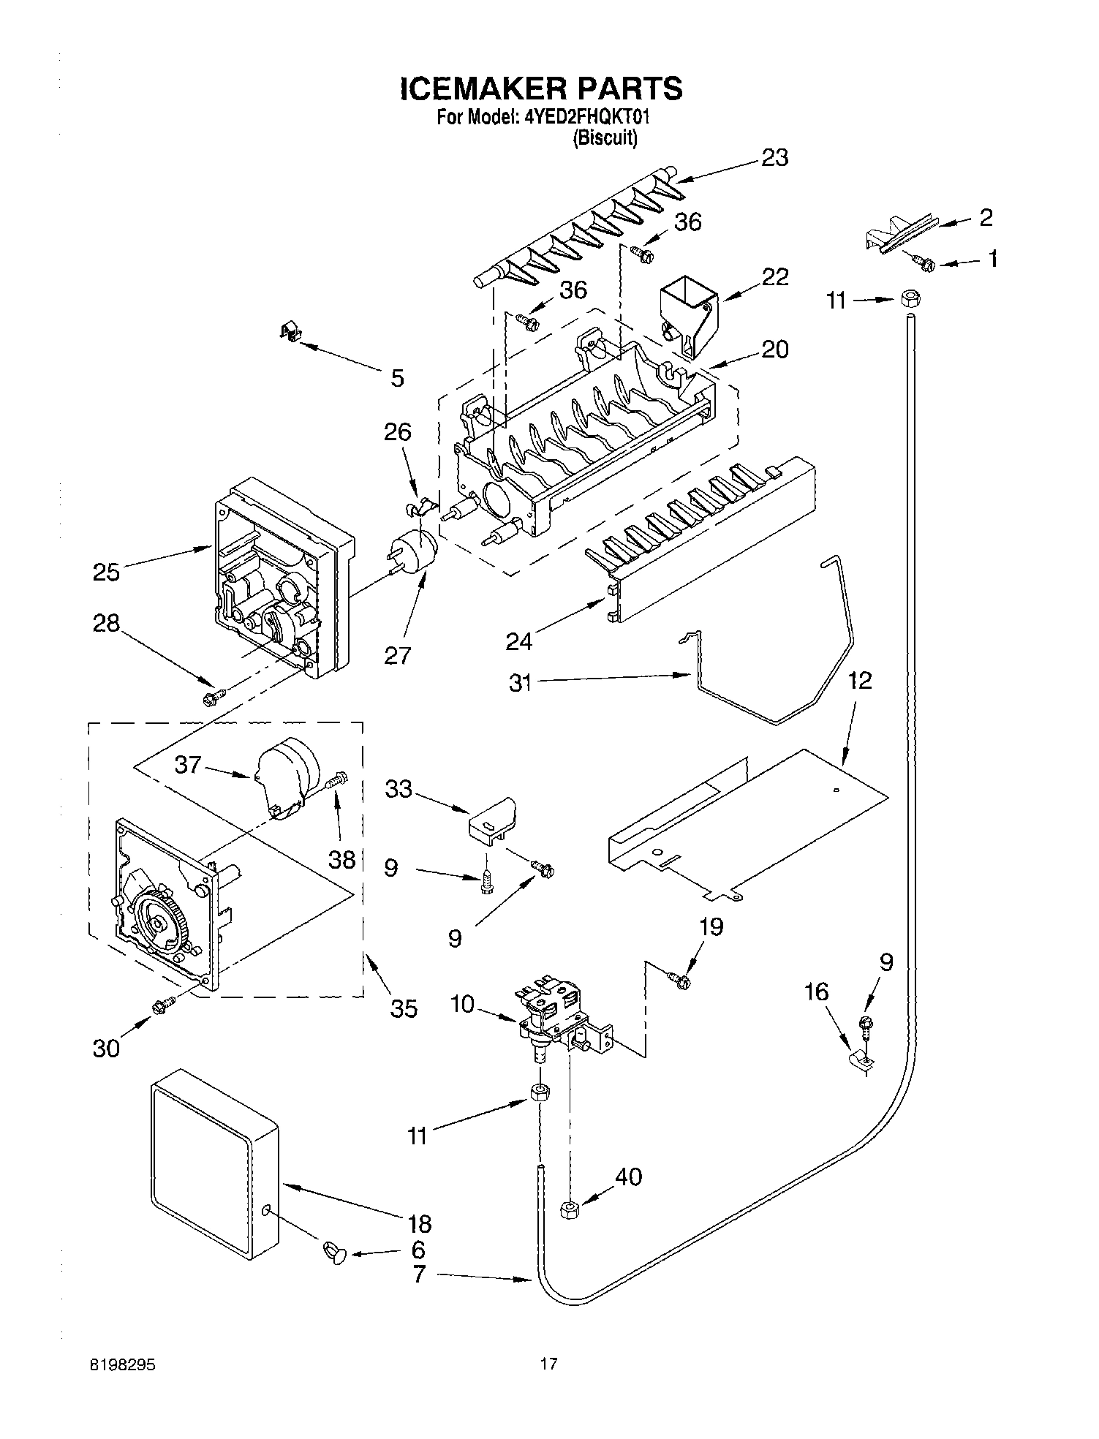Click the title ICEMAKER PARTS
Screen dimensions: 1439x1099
point(541,88)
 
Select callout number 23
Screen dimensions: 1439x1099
point(774,158)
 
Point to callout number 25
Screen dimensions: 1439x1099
point(106,571)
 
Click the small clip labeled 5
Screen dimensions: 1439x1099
point(292,333)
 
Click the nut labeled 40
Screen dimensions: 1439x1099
point(570,1209)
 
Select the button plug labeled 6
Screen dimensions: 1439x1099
point(335,1253)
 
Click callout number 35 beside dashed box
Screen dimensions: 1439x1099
point(403,1008)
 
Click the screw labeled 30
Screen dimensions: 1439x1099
point(162,1007)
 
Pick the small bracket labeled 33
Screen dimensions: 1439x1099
point(492,820)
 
